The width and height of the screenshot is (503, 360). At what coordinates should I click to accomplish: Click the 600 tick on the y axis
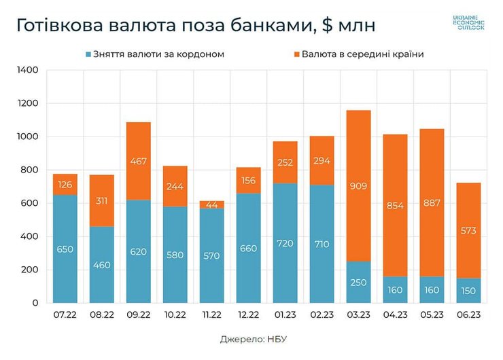31,203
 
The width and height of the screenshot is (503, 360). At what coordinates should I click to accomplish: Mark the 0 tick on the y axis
37,303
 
